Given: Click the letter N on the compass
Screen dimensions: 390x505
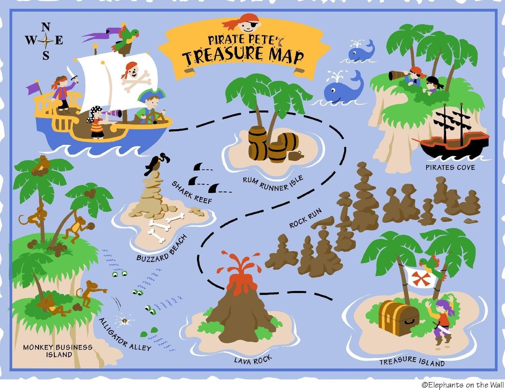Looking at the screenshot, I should click(x=46, y=27).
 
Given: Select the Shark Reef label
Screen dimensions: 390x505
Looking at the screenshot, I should click(x=192, y=193).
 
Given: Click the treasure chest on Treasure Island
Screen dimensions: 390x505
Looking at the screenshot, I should click(x=398, y=318).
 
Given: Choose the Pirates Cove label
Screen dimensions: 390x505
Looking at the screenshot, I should click(x=450, y=167).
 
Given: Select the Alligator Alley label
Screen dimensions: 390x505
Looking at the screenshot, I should click(x=125, y=334).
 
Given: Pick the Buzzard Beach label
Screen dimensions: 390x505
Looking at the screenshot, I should click(x=162, y=249).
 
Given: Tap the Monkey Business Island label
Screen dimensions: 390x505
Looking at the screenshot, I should click(x=58, y=351).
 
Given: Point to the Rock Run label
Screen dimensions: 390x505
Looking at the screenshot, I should click(x=305, y=218).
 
